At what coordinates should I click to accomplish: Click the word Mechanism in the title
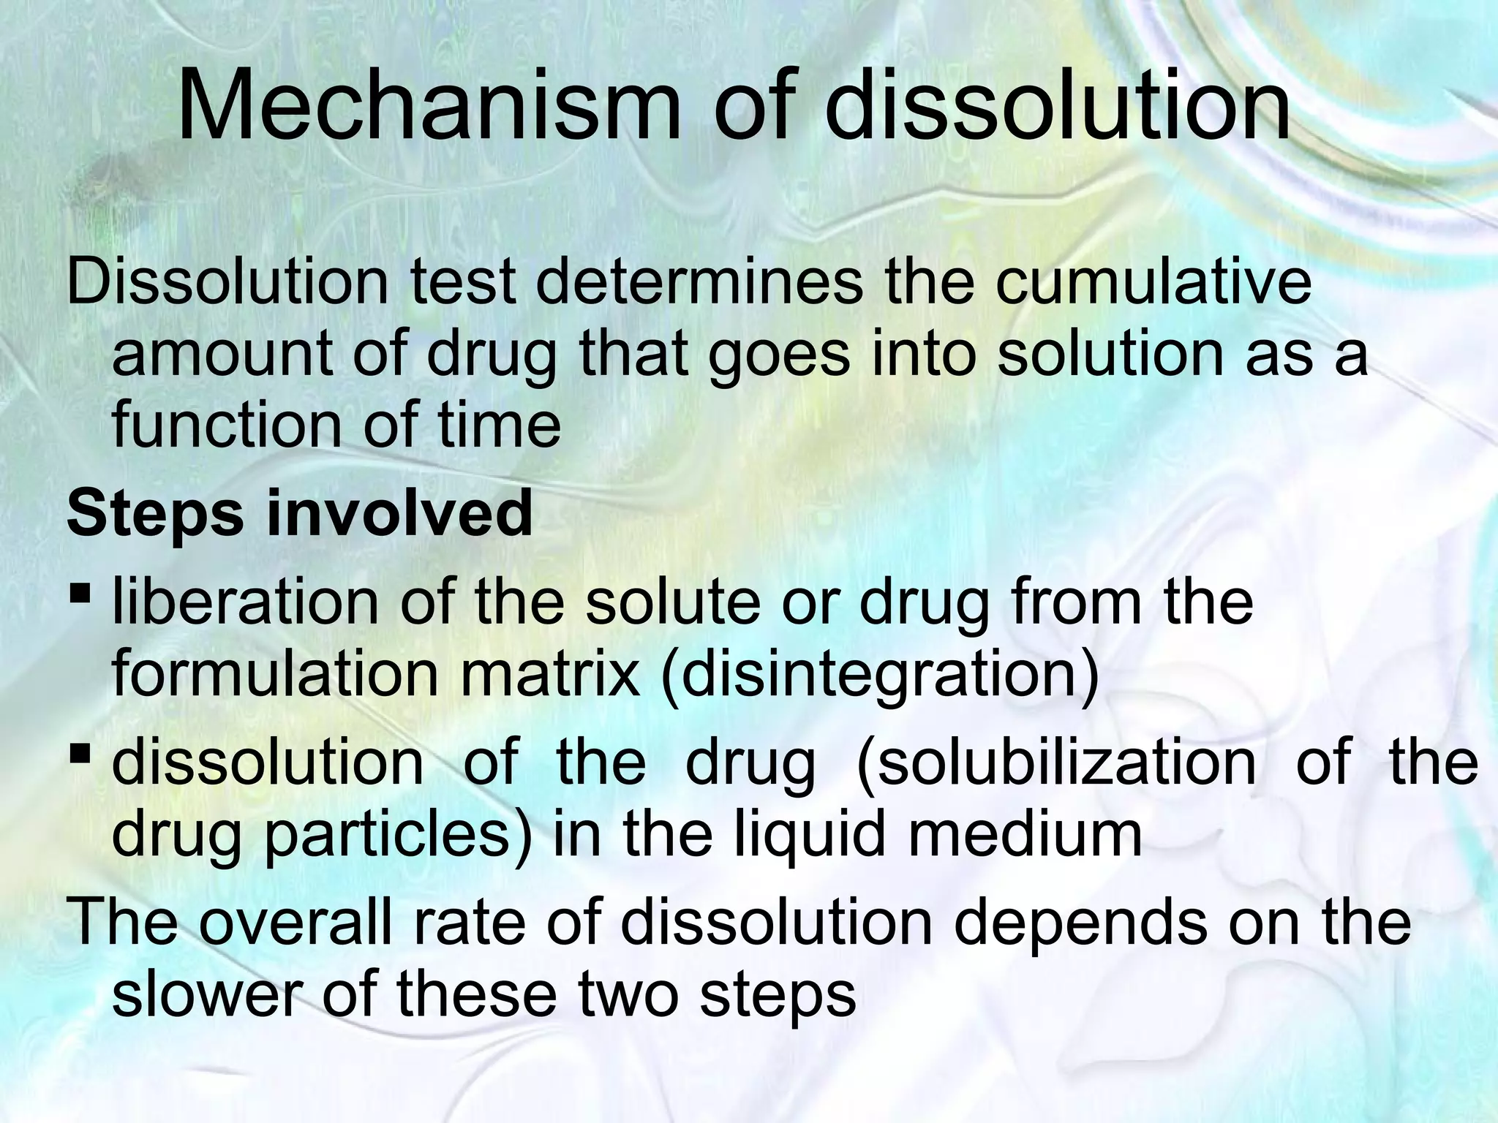point(429,108)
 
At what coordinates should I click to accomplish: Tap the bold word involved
point(399,513)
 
